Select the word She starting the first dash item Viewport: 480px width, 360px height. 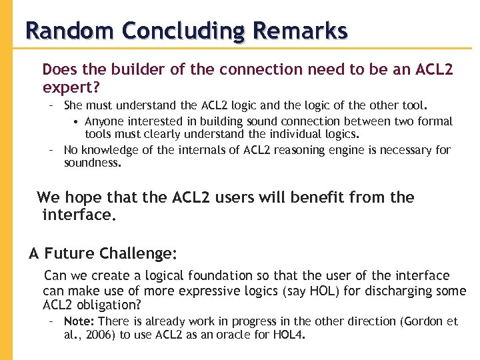(73, 105)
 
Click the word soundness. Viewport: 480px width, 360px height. (93, 162)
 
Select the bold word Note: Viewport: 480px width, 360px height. (79, 321)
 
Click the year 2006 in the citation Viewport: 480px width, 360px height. (102, 335)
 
